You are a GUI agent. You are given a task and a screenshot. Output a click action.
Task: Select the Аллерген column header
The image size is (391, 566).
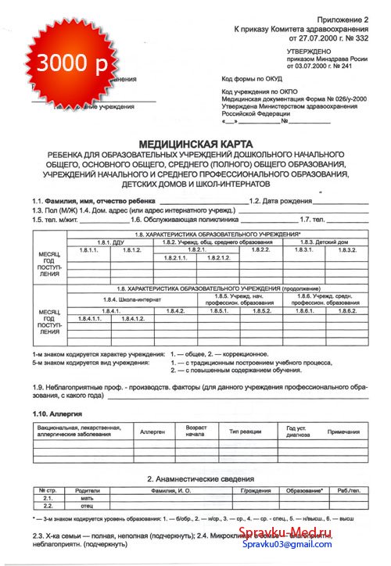(152, 431)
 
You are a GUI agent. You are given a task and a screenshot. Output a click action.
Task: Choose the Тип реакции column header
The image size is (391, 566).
(244, 431)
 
